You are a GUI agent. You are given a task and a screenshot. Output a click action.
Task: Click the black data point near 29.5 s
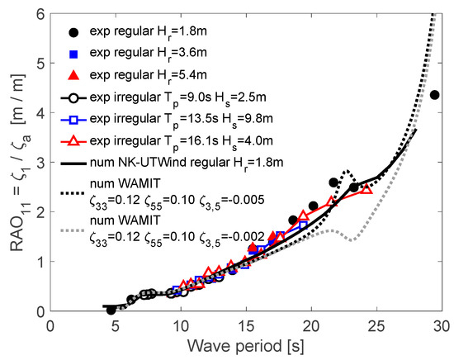435,95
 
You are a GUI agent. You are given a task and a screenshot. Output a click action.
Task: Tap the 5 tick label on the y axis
40,64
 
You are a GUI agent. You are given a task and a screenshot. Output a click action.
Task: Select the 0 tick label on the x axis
52,324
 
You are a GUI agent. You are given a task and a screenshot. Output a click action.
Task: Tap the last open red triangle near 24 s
367,189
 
